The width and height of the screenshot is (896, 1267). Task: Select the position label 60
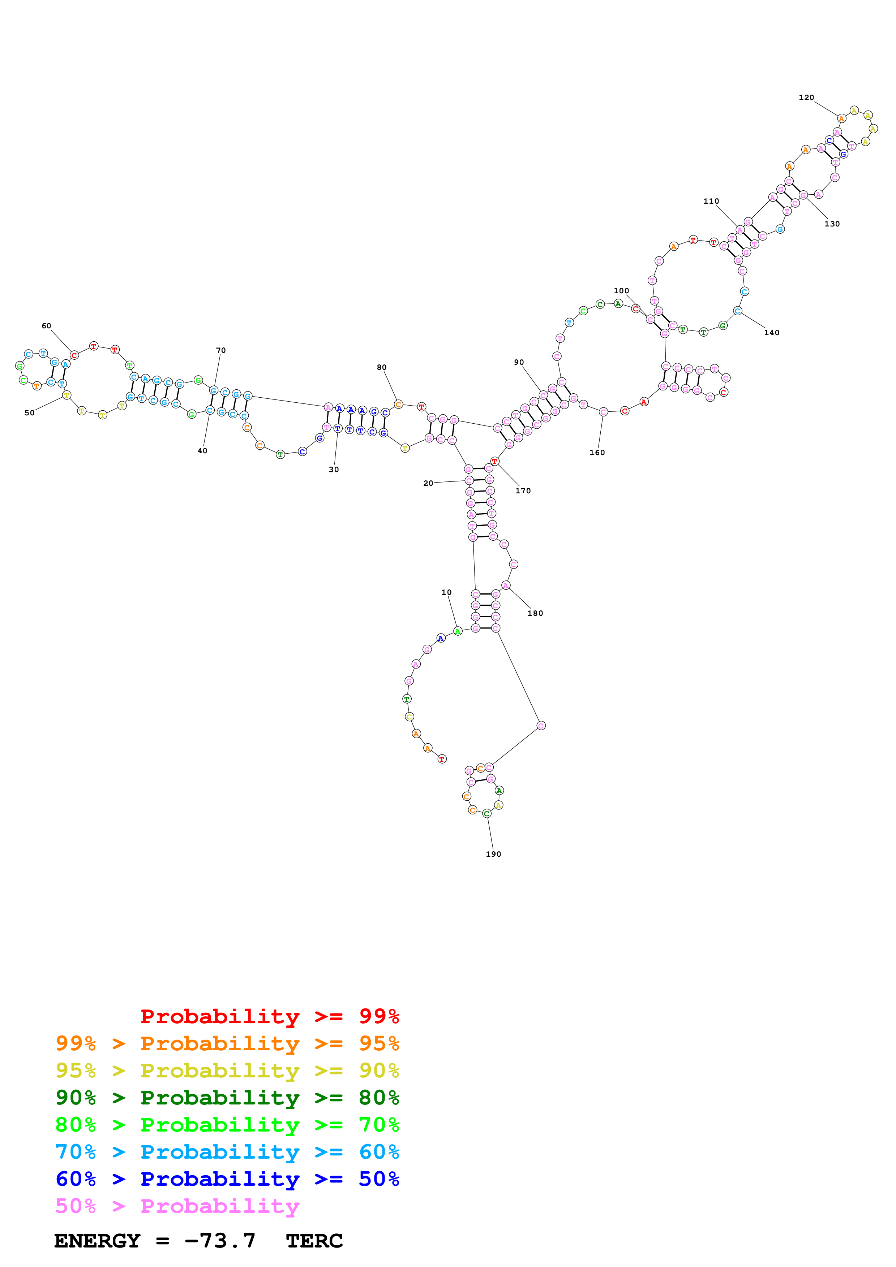click(46, 326)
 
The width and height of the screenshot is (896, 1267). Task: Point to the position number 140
click(771, 333)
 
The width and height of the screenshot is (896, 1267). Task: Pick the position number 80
click(381, 368)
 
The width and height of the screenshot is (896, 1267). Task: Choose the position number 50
click(29, 413)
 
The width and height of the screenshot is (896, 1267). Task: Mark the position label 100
click(621, 291)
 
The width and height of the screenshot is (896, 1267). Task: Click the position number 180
click(535, 613)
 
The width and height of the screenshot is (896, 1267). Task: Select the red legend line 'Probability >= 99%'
click(269, 1016)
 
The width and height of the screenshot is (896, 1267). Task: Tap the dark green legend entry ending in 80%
click(227, 1098)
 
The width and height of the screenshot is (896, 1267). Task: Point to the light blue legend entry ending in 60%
click(227, 1152)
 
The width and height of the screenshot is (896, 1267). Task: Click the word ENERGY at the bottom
click(97, 1241)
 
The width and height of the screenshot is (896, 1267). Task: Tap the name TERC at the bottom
click(314, 1241)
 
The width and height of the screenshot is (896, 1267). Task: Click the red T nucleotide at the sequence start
click(442, 759)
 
